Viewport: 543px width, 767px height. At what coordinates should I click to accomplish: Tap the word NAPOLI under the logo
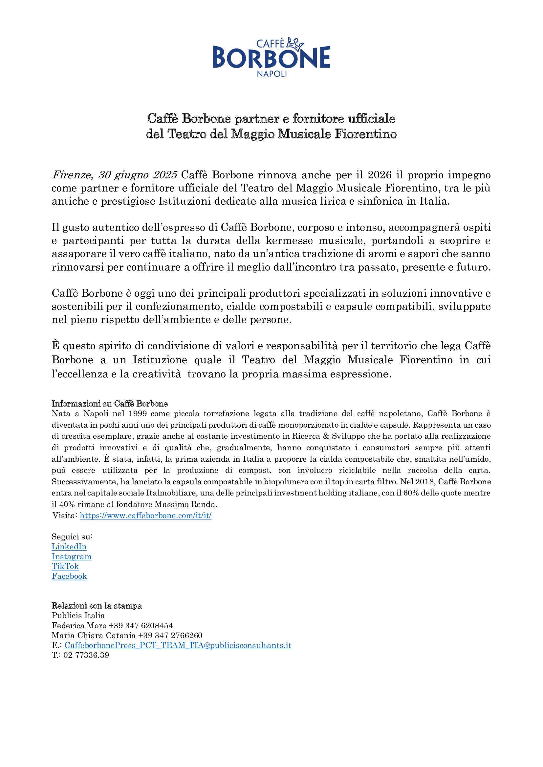(271, 74)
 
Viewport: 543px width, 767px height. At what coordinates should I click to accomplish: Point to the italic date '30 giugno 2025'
(138, 175)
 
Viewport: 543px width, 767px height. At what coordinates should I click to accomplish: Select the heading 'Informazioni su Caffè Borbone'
(110, 404)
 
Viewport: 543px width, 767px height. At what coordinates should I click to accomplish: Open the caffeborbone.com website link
(145, 515)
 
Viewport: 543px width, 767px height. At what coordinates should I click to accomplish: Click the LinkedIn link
(69, 547)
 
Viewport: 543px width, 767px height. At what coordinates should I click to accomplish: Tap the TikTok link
(65, 566)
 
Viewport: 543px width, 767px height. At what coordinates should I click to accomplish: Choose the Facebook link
(69, 576)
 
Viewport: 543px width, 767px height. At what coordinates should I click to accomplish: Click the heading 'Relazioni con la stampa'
(97, 606)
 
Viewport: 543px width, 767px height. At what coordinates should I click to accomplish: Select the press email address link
(178, 645)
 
